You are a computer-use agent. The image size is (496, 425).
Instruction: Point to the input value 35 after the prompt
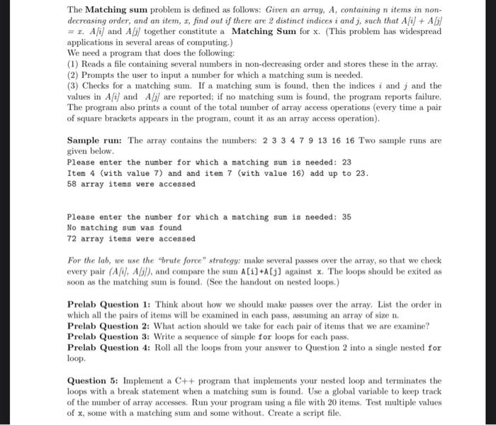coord(346,217)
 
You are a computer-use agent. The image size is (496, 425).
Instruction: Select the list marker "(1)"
coord(73,64)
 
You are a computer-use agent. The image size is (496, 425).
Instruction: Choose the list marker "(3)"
coord(73,86)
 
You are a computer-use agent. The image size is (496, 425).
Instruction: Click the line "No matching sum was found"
coord(124,228)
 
